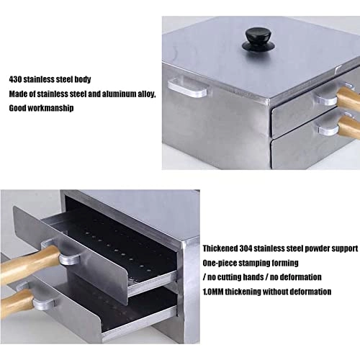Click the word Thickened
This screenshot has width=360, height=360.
tap(222, 248)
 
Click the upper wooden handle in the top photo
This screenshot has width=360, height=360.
tap(346, 99)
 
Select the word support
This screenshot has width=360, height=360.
tap(342, 248)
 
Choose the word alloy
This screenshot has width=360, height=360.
tap(147, 94)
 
